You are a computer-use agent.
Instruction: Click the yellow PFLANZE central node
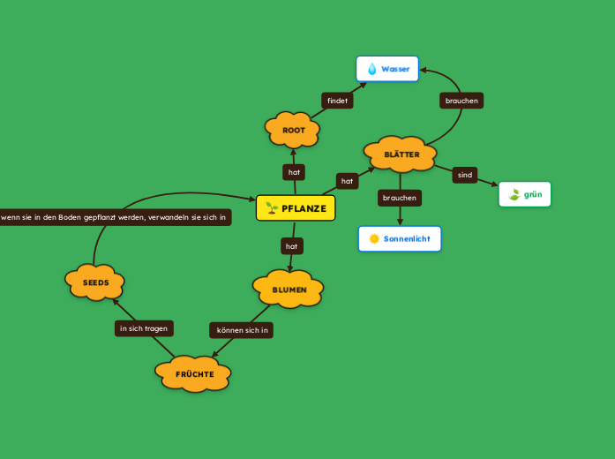point(296,208)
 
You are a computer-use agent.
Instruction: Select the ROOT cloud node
point(293,130)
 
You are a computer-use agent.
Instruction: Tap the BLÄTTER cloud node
point(401,154)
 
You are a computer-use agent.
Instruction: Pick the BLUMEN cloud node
point(289,290)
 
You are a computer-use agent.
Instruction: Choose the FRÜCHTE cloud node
point(194,374)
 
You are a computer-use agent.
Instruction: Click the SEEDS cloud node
point(95,282)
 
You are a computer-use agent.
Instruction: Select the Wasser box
point(387,69)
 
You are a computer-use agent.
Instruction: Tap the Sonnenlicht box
point(400,238)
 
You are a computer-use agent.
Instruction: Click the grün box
point(525,194)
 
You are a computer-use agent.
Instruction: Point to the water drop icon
point(371,69)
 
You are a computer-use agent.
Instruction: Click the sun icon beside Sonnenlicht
point(373,238)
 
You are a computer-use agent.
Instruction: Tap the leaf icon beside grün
point(514,194)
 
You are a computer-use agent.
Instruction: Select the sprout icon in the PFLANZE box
point(272,208)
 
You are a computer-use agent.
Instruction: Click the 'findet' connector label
point(337,101)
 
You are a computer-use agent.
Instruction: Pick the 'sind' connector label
point(465,175)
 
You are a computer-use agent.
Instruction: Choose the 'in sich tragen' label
point(144,328)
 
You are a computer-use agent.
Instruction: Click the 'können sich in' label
point(241,330)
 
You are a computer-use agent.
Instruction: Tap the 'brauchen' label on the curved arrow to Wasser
point(461,101)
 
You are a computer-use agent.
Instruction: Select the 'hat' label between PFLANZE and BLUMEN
point(291,245)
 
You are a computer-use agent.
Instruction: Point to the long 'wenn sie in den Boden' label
point(115,217)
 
